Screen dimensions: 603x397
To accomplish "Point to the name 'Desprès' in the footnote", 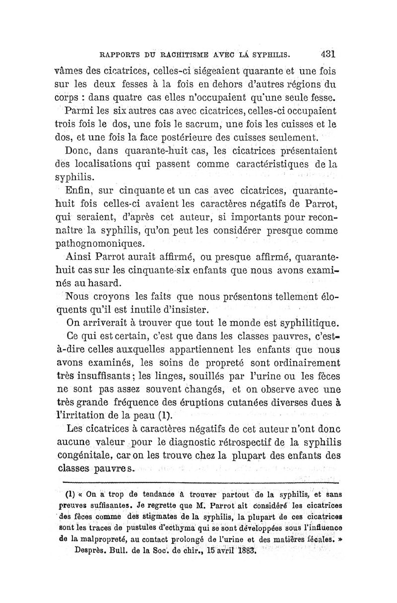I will tap(91, 550).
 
